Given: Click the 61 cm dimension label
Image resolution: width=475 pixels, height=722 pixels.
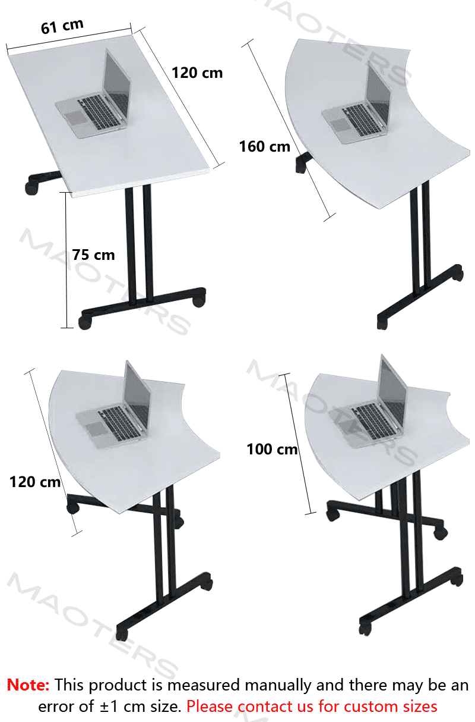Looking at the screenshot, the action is [62, 26].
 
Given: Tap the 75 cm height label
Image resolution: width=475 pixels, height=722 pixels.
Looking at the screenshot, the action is [93, 255].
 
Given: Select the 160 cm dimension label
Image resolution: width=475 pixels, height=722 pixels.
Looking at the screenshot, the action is [265, 147].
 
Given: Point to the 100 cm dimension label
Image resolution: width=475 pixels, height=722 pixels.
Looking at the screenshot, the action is [272, 449].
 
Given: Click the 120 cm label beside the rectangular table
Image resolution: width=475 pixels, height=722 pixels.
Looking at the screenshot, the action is [197, 73].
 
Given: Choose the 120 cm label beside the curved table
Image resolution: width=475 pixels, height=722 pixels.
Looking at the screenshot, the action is [35, 482].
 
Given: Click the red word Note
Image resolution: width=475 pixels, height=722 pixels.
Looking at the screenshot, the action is [28, 685].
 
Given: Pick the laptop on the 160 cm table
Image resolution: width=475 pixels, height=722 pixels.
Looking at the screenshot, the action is [357, 105].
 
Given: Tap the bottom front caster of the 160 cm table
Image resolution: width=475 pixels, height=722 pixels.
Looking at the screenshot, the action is [382, 324].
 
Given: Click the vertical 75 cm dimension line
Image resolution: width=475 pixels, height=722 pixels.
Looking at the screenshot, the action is [66, 260].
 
